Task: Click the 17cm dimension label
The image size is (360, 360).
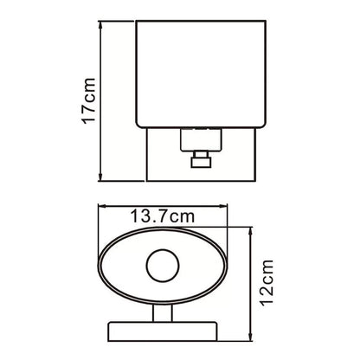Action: point(89,100)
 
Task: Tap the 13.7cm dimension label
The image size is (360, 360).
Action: point(163,216)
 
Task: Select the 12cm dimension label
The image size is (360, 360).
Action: point(267,283)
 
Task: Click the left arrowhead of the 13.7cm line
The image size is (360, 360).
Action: point(102,206)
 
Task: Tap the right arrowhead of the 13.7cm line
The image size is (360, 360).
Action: point(223,206)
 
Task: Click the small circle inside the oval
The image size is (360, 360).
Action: point(163,266)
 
